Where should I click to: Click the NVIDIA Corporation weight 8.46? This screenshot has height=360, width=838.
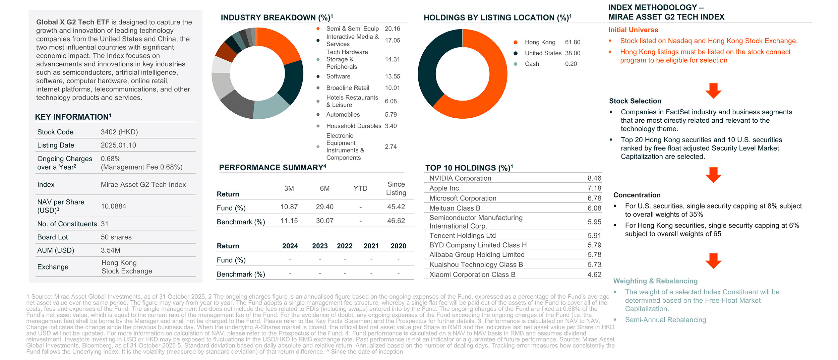coord(594,178)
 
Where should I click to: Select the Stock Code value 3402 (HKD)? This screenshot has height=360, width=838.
coord(119,132)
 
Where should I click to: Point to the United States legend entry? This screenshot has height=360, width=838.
coord(543,53)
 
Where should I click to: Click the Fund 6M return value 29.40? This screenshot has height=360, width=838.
coord(324,207)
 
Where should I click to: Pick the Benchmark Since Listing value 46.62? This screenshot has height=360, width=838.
coord(396,221)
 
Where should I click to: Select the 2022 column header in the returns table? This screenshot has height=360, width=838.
coord(345,246)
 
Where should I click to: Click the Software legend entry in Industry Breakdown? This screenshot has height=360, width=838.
coord(338,76)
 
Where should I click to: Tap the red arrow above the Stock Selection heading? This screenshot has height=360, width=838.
coord(713,91)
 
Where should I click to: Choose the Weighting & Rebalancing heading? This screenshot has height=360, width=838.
coord(655,281)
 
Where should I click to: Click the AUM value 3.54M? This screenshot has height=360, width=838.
coord(111,250)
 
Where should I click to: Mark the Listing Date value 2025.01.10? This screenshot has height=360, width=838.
coord(119,145)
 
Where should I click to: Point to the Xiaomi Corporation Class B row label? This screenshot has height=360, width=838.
coord(472,275)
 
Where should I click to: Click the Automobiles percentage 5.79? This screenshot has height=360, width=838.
coord(391,115)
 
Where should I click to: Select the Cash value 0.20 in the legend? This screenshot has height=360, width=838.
coord(571,64)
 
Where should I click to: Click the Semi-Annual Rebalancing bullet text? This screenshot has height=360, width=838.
coord(665,320)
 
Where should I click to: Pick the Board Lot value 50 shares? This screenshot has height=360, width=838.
coord(116,237)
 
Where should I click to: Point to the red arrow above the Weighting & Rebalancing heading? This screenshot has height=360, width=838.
coord(713,260)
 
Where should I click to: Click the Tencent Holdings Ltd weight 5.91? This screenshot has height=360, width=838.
coord(594,236)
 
